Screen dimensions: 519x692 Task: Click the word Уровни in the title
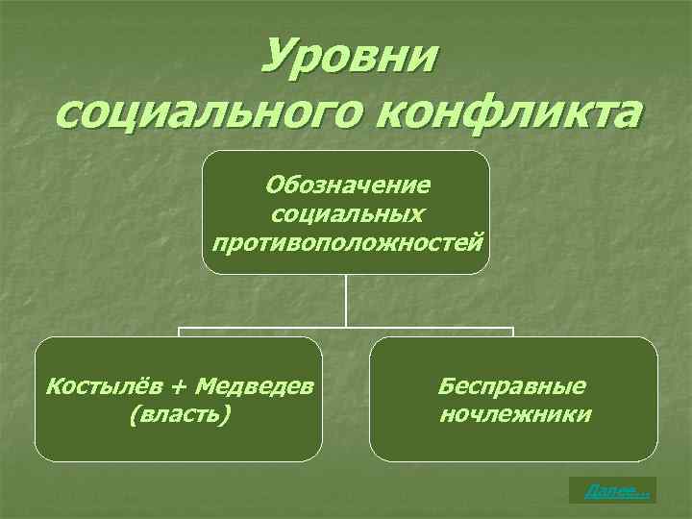(x=348, y=60)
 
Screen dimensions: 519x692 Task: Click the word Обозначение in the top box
(x=348, y=183)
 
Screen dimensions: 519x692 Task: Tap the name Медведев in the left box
(x=254, y=386)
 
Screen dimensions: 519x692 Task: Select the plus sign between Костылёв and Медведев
(x=180, y=387)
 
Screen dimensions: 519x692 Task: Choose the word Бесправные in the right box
(x=512, y=386)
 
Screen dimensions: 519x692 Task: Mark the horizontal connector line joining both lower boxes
(x=346, y=329)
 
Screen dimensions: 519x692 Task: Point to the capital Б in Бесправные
(x=446, y=386)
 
